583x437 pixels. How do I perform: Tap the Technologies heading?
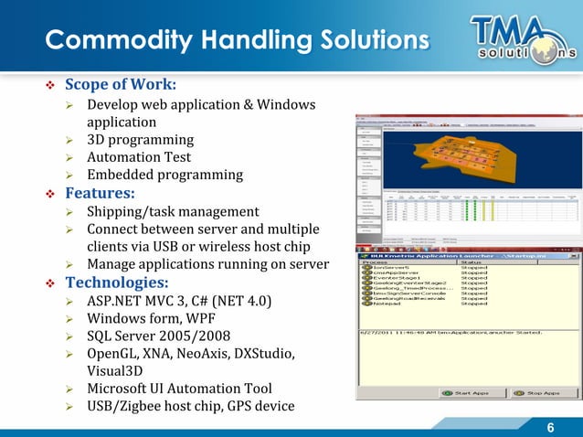116,282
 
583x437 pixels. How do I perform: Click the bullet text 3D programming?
140,140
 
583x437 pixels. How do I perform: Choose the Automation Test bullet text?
139,157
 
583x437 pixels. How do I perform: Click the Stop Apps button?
538,393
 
